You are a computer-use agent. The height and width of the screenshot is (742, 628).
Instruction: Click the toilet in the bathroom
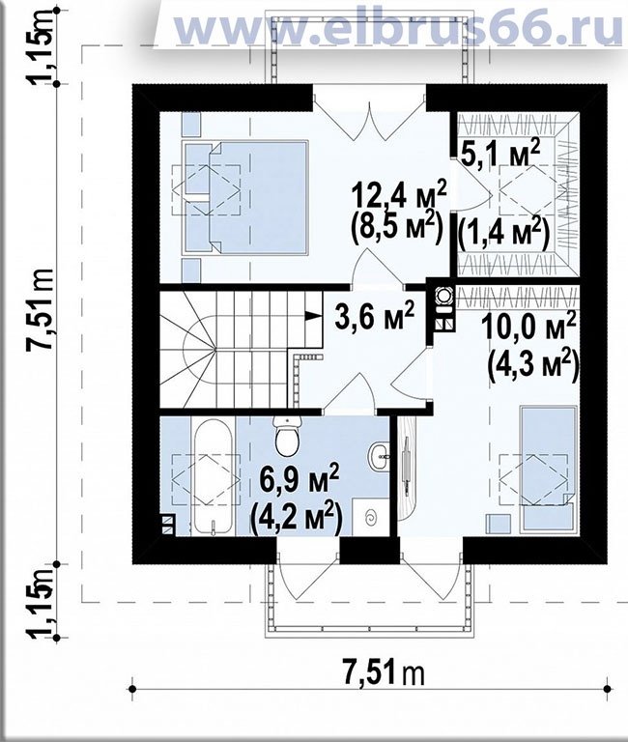[x=287, y=436]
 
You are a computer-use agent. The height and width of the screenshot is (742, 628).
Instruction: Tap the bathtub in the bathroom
[x=212, y=475]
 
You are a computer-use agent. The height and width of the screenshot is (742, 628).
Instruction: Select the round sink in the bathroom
[x=378, y=456]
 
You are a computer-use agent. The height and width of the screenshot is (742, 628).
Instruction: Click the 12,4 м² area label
[x=398, y=196]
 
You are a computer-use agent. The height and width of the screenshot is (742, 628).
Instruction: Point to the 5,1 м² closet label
[x=500, y=155]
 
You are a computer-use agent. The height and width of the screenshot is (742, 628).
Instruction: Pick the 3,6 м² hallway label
[x=374, y=315]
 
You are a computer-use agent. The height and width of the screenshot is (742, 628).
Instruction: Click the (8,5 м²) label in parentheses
[x=396, y=229]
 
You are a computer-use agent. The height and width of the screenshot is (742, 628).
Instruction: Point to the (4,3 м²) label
[x=533, y=364]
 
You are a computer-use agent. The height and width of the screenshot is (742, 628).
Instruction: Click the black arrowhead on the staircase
[x=311, y=316]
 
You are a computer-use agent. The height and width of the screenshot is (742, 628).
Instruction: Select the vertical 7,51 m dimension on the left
[x=42, y=310]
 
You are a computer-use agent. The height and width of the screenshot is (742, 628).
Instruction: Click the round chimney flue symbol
[x=443, y=296]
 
